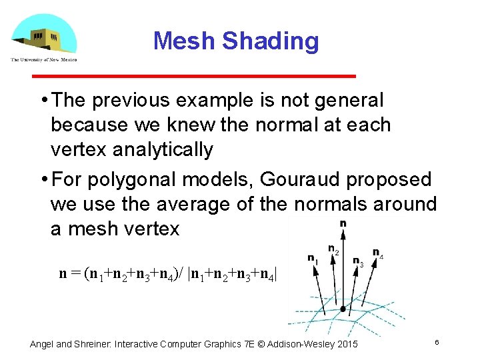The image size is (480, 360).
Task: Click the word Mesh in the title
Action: tap(184, 41)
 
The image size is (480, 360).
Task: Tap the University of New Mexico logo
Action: tap(43, 39)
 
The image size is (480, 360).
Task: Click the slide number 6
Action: tap(437, 342)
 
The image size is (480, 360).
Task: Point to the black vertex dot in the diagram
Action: tap(343, 309)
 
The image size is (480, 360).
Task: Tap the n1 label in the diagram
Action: tap(312, 258)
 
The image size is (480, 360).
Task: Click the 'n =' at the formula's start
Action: tap(69, 273)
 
